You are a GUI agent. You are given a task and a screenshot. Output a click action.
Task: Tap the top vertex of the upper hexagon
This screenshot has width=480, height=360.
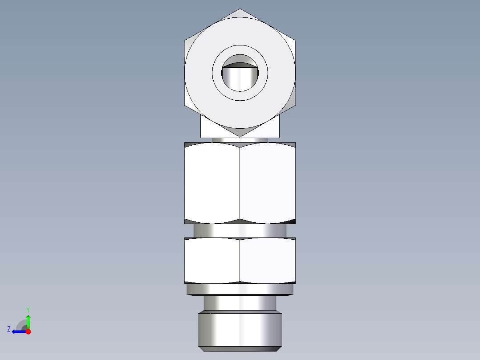pos(240,9)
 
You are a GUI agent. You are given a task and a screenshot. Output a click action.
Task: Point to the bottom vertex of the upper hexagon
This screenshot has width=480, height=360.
pos(240,136)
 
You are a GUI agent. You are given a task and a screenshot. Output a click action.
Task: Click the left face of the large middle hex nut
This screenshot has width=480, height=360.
pos(212,183)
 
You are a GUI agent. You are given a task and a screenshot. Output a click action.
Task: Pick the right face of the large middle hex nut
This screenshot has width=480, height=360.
pos(267,183)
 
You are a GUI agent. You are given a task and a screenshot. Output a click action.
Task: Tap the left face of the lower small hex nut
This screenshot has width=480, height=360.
pos(212,260)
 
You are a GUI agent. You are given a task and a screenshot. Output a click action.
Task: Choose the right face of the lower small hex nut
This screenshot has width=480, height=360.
pos(267,260)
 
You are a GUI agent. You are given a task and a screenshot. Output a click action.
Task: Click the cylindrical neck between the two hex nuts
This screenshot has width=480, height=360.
pos(240,230)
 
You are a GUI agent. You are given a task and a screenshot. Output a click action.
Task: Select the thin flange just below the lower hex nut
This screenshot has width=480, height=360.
pos(240,290)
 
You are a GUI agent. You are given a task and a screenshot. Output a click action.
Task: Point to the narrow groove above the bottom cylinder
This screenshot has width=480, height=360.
pos(240,303)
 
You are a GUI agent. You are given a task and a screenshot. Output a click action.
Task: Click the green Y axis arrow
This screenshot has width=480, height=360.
pos(28,320)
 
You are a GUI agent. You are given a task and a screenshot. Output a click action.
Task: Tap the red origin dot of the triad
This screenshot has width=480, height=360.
pos(28,331)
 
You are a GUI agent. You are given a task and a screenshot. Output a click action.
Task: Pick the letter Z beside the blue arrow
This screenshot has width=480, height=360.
pos(9,329)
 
